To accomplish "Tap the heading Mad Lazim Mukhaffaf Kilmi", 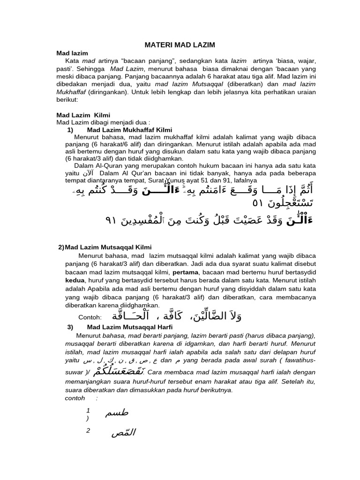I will coord(129,129).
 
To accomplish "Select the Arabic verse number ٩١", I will coord(112,221).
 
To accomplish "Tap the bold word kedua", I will coord(75,280).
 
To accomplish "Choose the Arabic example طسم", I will coord(117,412).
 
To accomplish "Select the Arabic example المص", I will coord(123,433).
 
